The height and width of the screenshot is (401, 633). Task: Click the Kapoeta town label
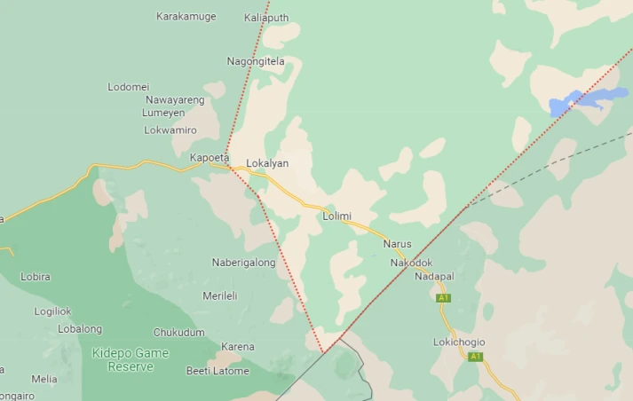210,158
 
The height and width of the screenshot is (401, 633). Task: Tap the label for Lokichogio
459,342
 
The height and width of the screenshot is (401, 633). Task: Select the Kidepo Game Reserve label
124,359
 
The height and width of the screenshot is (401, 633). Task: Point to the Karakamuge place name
186,16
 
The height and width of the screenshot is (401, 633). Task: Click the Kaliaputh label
265,17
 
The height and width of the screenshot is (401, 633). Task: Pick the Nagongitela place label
256,61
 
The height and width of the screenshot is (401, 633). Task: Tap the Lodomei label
128,87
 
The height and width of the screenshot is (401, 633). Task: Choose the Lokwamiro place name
170,130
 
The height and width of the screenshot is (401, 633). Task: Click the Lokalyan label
267,163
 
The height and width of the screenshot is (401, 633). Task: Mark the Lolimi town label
337,216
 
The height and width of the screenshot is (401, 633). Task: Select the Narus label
397,243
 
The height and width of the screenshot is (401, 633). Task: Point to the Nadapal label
434,277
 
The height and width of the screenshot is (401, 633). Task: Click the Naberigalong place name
243,263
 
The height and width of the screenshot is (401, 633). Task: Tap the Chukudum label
178,333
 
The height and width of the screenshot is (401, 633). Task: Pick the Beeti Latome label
218,371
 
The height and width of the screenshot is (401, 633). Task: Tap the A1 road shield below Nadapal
444,298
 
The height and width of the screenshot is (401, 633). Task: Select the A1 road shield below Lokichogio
476,357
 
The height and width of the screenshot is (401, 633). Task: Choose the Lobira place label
36,277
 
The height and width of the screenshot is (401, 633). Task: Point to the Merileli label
220,296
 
